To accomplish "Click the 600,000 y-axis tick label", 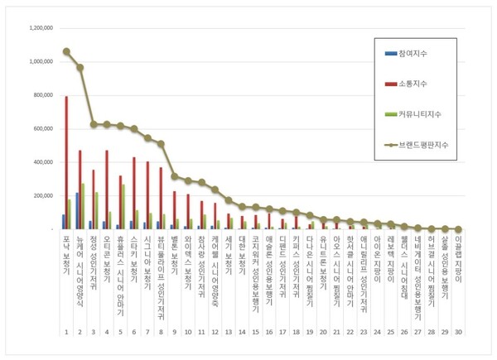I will pos(38,129).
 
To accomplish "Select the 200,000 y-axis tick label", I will pos(38,196).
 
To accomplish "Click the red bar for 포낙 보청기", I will pos(67,162).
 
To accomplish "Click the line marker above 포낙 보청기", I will pos(66,51).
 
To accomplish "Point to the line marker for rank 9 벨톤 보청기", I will pos(175,176).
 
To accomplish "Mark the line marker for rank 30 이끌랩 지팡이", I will pos(457,229).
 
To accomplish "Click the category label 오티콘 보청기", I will pos(107,260).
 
